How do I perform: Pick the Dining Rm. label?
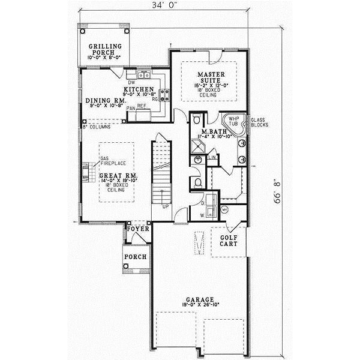tap(104, 101)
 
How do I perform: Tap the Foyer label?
tap(137, 229)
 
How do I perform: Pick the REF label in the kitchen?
tap(142, 106)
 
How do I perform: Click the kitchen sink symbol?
tap(144, 75)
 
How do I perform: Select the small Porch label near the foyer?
tap(132, 257)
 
